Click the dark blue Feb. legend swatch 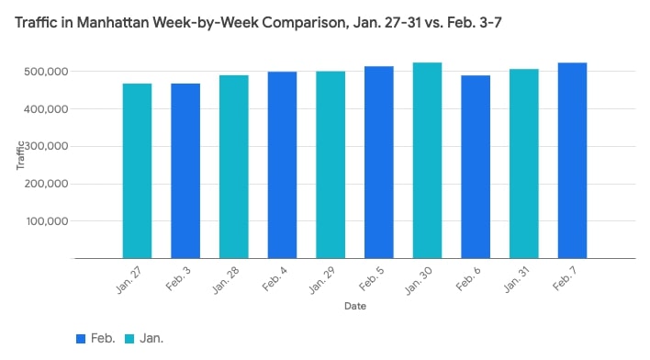click(81, 339)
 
